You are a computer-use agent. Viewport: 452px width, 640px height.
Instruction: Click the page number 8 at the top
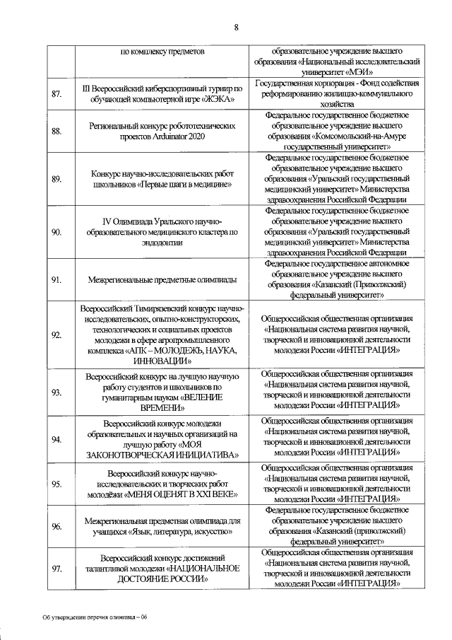point(236,28)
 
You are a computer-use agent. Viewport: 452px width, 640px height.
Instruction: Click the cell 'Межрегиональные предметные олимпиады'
point(162,280)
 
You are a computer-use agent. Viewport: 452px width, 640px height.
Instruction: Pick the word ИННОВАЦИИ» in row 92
point(162,361)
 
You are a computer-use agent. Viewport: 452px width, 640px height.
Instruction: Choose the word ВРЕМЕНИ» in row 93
point(162,408)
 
